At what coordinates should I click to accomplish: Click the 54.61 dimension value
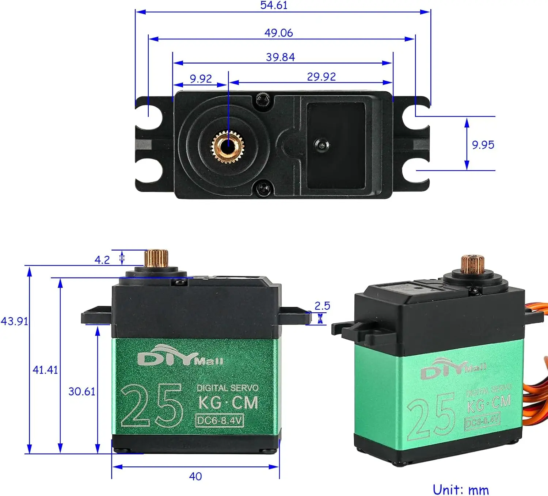(274, 5)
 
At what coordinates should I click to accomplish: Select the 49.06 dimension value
(278, 33)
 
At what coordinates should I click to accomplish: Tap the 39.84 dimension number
(280, 57)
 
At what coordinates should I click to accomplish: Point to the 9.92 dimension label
(201, 79)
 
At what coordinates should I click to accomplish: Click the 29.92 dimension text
(321, 77)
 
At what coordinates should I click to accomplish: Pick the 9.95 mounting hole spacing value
(483, 145)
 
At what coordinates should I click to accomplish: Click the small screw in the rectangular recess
(321, 145)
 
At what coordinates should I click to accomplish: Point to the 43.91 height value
(14, 321)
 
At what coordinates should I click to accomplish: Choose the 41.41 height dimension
(45, 370)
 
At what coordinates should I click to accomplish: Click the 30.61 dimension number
(81, 392)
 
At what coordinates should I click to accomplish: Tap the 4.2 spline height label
(102, 260)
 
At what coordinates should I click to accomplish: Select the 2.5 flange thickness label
(322, 306)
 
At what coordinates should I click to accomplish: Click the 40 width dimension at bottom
(195, 476)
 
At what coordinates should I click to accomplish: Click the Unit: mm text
(460, 489)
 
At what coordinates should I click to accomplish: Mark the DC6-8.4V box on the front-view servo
(220, 420)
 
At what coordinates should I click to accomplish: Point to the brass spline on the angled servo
(472, 264)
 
